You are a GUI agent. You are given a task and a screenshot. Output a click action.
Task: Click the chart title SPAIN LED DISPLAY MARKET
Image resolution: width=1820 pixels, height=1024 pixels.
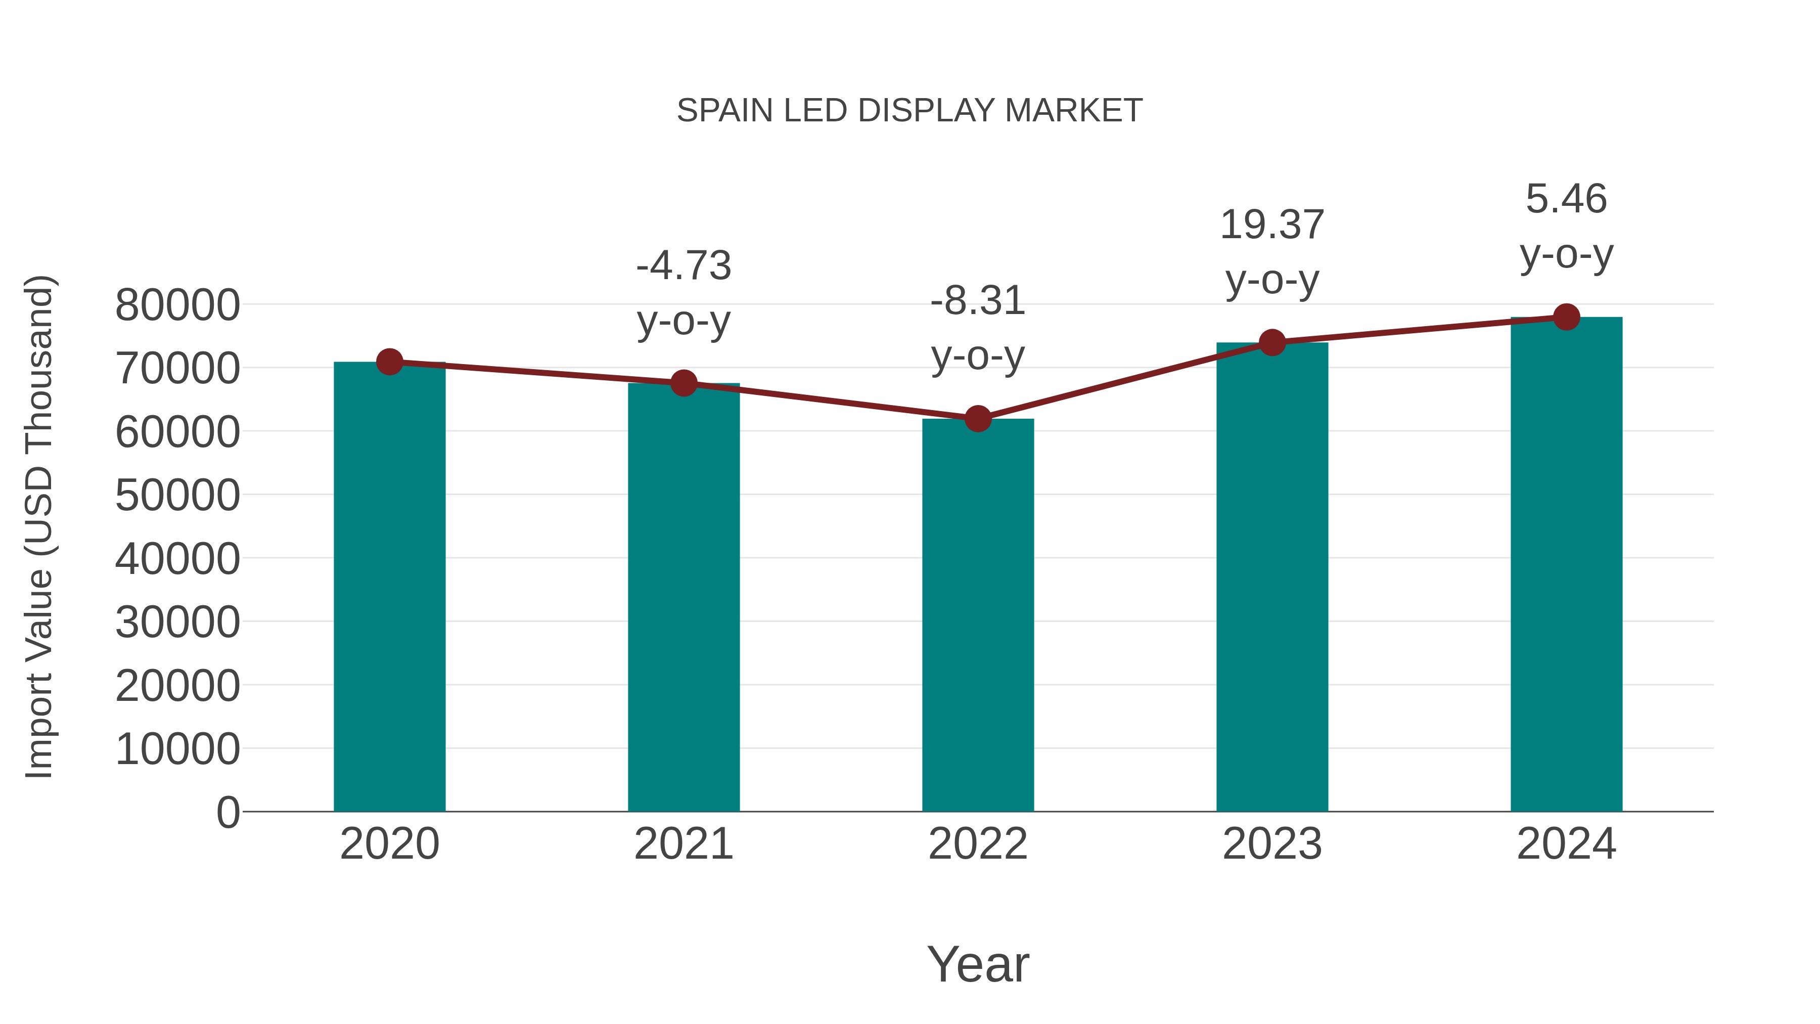[909, 111]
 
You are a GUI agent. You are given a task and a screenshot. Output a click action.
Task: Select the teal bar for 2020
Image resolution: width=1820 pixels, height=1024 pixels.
[389, 587]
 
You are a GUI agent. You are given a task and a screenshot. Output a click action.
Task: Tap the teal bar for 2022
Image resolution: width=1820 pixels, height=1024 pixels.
[978, 615]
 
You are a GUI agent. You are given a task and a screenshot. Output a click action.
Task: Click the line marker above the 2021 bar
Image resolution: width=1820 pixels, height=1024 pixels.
[683, 383]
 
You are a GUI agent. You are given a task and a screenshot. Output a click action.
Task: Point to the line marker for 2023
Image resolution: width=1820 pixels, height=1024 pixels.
[1272, 343]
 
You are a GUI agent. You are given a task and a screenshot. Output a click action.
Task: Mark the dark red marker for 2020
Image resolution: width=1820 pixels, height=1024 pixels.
[389, 362]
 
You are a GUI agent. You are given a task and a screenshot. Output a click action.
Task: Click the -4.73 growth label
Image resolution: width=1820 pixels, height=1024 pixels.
[683, 266]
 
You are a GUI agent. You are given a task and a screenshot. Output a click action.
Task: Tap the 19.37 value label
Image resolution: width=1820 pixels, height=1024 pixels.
[1272, 226]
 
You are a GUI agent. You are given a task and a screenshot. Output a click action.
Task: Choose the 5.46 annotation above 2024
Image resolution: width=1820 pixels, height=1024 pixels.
[1566, 199]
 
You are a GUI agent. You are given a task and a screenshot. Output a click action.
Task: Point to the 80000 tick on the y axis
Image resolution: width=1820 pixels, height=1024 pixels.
[177, 305]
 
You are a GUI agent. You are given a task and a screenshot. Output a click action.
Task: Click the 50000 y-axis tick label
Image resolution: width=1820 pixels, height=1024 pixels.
[177, 496]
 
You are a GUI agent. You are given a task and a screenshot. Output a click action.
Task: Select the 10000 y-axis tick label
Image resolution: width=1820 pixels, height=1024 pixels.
[177, 749]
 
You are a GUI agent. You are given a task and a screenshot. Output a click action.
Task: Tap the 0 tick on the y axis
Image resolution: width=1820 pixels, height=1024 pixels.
[228, 812]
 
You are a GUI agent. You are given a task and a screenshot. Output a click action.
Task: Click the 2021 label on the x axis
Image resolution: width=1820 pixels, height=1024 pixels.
[683, 844]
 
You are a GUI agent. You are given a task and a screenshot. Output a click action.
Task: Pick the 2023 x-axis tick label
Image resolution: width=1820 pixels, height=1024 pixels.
[1272, 844]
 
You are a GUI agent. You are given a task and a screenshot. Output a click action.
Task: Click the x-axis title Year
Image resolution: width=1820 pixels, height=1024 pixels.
[978, 965]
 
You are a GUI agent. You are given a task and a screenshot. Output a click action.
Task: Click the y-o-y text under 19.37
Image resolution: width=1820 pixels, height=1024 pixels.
[1272, 281]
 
